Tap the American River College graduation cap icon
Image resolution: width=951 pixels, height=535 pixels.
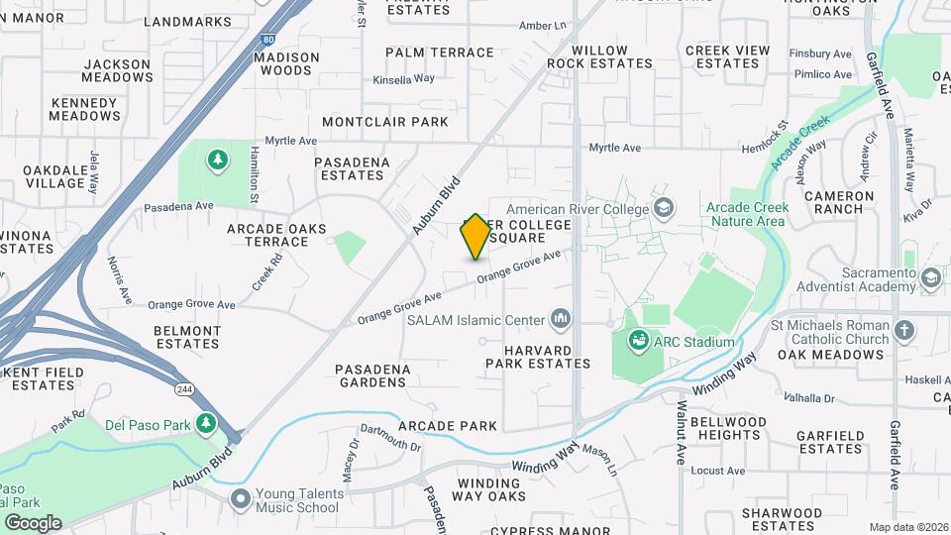663,208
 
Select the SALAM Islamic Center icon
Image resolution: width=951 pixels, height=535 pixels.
561,319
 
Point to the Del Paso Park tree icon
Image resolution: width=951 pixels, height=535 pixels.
206,424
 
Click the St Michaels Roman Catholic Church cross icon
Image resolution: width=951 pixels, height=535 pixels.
903,331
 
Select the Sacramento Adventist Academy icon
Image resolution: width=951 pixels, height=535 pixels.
929,279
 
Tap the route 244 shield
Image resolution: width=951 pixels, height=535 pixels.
184,387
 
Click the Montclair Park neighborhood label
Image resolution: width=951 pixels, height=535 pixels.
385,122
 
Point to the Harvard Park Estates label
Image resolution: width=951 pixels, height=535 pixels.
537,357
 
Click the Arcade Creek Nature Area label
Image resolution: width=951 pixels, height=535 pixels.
747,214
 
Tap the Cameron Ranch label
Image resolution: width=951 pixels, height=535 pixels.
839,203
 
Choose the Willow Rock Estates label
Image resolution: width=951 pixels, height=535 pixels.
599,56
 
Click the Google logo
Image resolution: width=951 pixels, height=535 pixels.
32,522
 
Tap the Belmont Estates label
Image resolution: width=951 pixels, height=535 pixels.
187,337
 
